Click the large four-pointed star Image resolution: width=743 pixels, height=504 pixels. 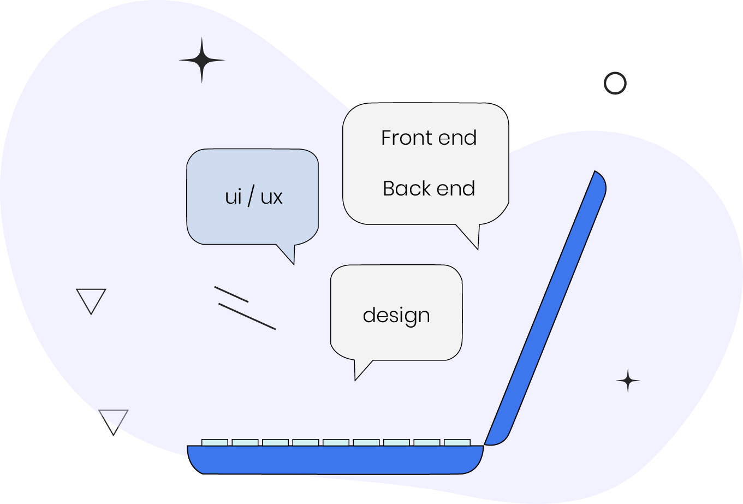pyautogui.click(x=202, y=61)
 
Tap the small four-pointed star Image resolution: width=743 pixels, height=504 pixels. pyautogui.click(x=628, y=381)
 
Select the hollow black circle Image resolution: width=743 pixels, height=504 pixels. pyautogui.click(x=615, y=84)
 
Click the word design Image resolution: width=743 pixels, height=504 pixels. pyautogui.click(x=396, y=316)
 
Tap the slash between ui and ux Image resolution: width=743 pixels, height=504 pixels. pyautogui.click(x=251, y=197)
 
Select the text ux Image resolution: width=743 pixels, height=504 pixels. pyautogui.click(x=271, y=197)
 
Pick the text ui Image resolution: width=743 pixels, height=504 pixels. pyautogui.click(x=233, y=197)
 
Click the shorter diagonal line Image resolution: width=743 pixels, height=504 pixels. pyautogui.click(x=231, y=294)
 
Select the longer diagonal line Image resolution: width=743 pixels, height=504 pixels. pyautogui.click(x=247, y=317)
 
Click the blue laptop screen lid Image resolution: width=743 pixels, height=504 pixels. pyautogui.click(x=546, y=306)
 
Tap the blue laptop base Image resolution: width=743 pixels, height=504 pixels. pyautogui.click(x=335, y=460)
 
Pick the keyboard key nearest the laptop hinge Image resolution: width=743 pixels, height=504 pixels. pyautogui.click(x=457, y=442)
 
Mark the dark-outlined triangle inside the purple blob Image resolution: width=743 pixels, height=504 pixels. pyautogui.click(x=91, y=299)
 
